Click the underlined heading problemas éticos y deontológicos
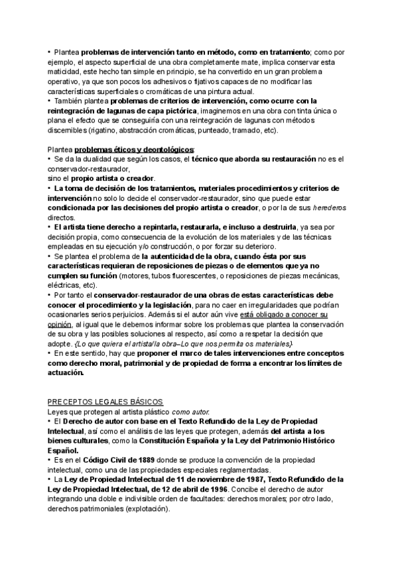pos(135,150)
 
